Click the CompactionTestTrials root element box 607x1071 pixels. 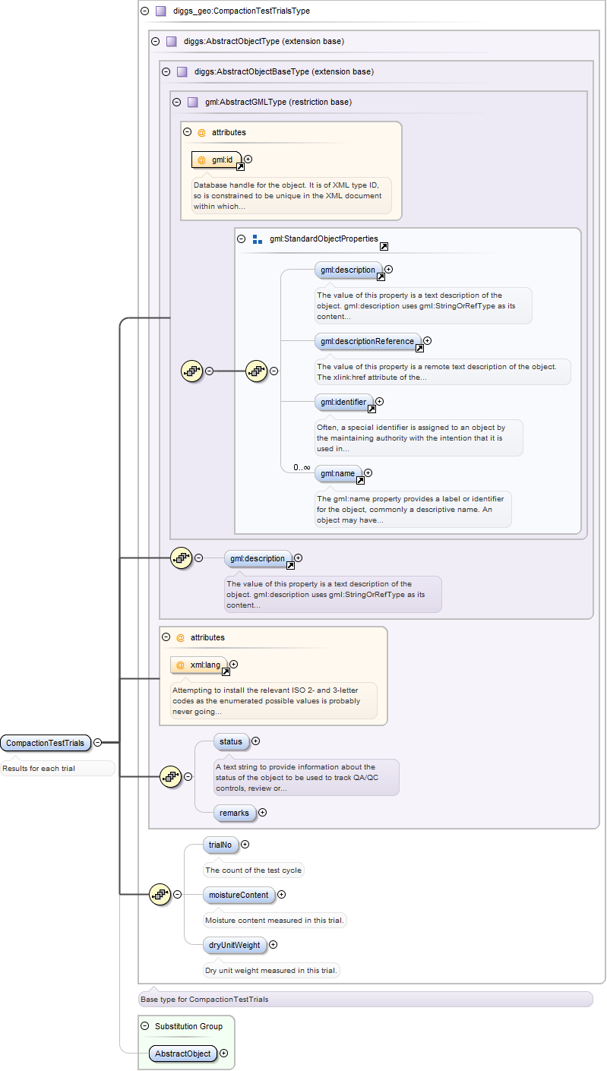[x=45, y=743]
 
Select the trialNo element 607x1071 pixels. [x=220, y=845]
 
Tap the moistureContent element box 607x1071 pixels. [x=239, y=895]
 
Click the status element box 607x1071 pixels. [x=230, y=741]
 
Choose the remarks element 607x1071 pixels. [x=234, y=813]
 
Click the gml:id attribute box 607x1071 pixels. [x=217, y=160]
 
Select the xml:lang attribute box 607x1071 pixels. [x=200, y=665]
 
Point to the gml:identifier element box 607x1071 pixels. [x=343, y=402]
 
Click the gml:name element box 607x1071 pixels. [x=338, y=473]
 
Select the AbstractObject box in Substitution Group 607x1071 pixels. [x=182, y=1054]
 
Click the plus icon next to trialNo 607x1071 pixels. [x=245, y=844]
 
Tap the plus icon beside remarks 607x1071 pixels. [x=263, y=813]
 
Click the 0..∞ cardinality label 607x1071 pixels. [x=302, y=467]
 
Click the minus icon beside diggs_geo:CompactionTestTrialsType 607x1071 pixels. [x=144, y=11]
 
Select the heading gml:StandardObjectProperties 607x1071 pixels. [x=323, y=239]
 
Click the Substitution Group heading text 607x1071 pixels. [x=188, y=1026]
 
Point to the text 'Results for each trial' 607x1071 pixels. [x=39, y=769]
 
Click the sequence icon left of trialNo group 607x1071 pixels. [x=160, y=894]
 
